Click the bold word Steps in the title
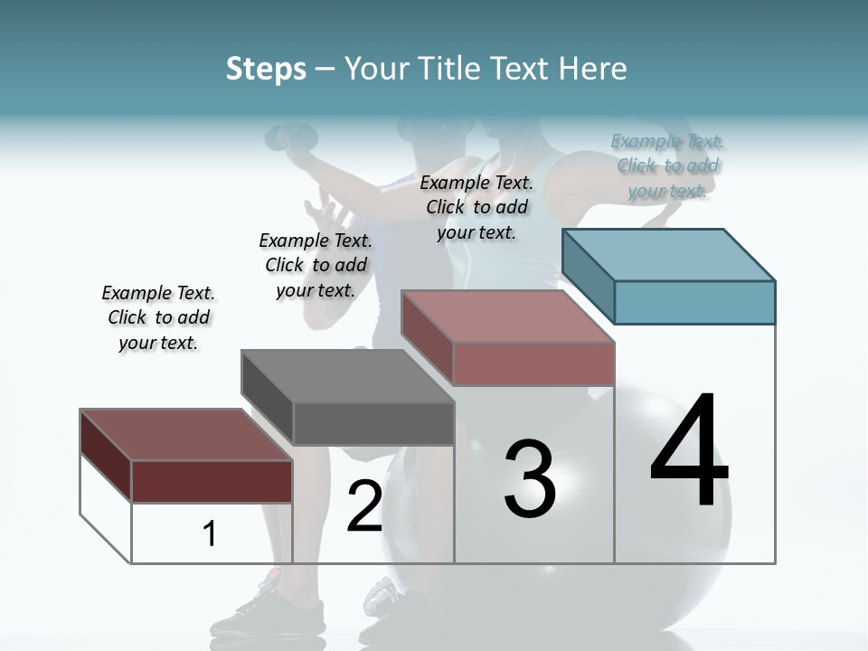click(266, 69)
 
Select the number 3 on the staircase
click(529, 479)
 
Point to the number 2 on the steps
click(364, 506)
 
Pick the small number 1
click(210, 533)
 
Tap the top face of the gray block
click(348, 375)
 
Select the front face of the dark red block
click(212, 481)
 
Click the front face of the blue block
click(694, 302)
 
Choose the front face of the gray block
click(373, 423)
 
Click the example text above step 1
click(158, 317)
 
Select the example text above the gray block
click(316, 265)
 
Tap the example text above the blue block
click(668, 165)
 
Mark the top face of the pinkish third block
click(506, 316)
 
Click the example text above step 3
click(476, 207)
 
